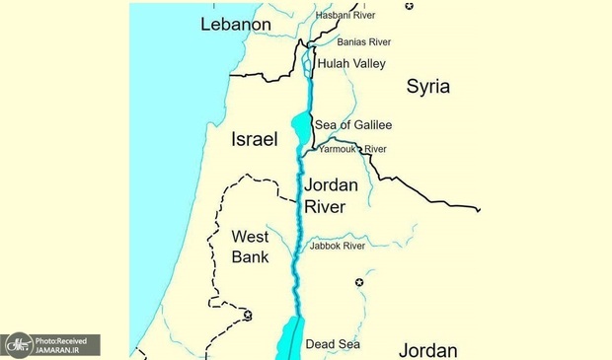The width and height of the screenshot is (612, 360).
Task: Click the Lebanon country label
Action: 235,24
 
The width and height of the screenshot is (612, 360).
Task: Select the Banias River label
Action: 364,42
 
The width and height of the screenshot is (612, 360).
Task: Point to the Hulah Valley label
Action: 349,62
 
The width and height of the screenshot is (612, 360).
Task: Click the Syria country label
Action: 428,87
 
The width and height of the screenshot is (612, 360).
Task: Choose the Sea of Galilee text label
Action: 352,125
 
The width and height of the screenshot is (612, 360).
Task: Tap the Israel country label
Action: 254,139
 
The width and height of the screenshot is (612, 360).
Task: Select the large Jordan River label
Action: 330,195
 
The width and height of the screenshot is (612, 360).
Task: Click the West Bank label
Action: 249,246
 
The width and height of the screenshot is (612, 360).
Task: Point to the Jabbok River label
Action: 336,246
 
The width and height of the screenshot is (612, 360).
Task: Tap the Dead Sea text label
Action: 333,344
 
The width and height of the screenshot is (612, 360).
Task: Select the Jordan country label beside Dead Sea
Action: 427,349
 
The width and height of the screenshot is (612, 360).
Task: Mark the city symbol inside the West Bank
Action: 248,315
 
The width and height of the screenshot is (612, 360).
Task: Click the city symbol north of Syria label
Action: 409,6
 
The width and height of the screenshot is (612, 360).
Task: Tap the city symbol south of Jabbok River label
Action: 358,282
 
